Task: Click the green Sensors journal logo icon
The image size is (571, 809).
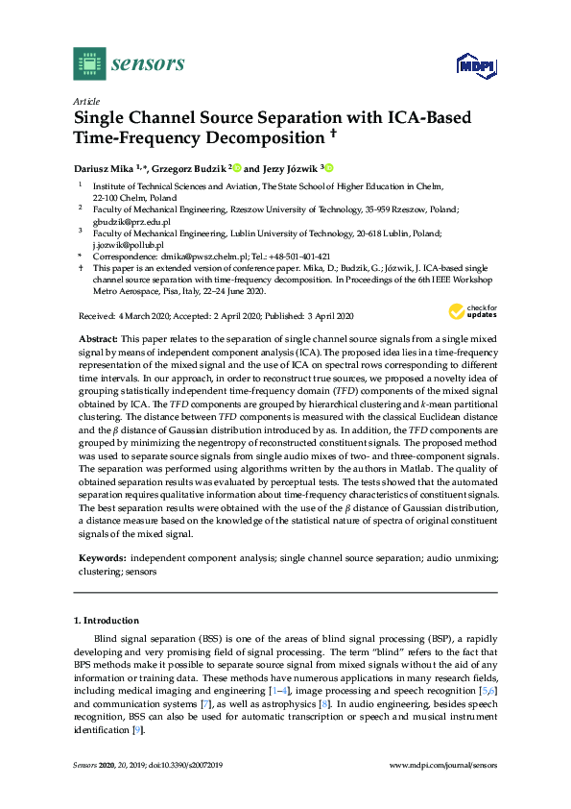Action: coord(89,63)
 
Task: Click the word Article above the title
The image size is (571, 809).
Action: coord(86,101)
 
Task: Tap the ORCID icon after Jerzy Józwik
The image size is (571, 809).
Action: coord(329,166)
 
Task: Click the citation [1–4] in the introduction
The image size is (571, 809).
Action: coord(254,690)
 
